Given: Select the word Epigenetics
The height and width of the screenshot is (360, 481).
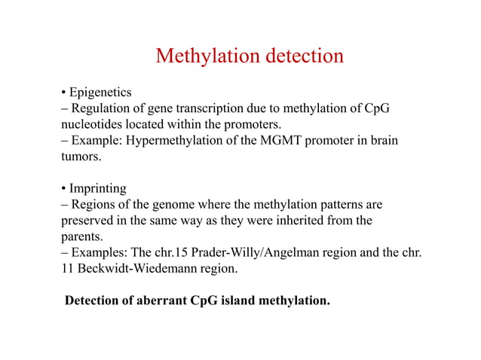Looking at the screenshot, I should click(x=100, y=93).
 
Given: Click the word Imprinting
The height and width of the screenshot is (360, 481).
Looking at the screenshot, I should click(x=97, y=188).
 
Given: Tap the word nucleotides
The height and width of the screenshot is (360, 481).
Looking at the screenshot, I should click(x=91, y=124).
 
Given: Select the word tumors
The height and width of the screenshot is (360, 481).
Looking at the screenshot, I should click(x=78, y=156).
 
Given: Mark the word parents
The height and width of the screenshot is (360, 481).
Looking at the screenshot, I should click(x=79, y=236).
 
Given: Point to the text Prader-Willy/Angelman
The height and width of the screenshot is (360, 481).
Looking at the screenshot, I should click(x=243, y=252).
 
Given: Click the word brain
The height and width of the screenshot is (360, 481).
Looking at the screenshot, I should click(x=383, y=140).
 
